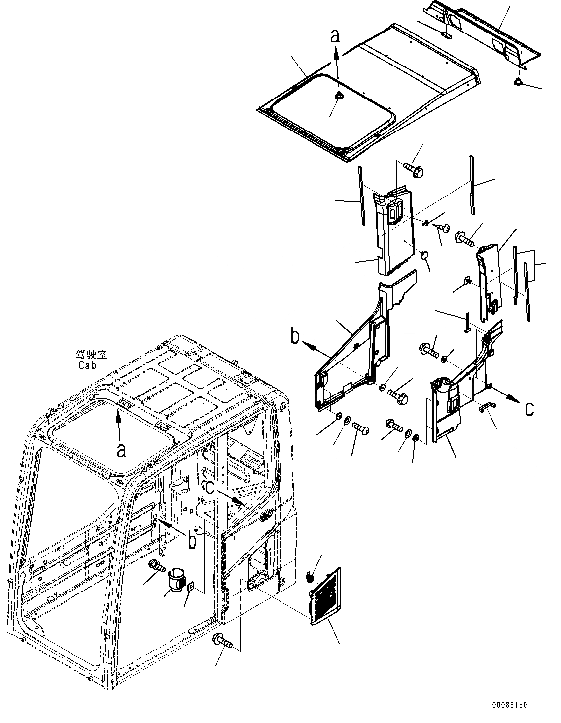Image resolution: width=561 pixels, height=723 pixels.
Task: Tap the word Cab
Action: click(87, 366)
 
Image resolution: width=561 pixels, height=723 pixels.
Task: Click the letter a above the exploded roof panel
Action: click(335, 35)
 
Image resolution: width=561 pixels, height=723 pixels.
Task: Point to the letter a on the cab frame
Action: click(121, 450)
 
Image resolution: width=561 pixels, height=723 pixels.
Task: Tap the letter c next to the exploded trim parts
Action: click(528, 408)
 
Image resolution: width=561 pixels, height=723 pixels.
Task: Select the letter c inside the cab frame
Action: click(210, 488)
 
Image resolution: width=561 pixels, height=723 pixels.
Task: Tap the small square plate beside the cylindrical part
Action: click(191, 588)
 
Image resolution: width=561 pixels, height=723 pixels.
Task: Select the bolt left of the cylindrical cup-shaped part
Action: click(156, 566)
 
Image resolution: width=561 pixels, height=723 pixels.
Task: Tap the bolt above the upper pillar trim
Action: click(414, 169)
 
